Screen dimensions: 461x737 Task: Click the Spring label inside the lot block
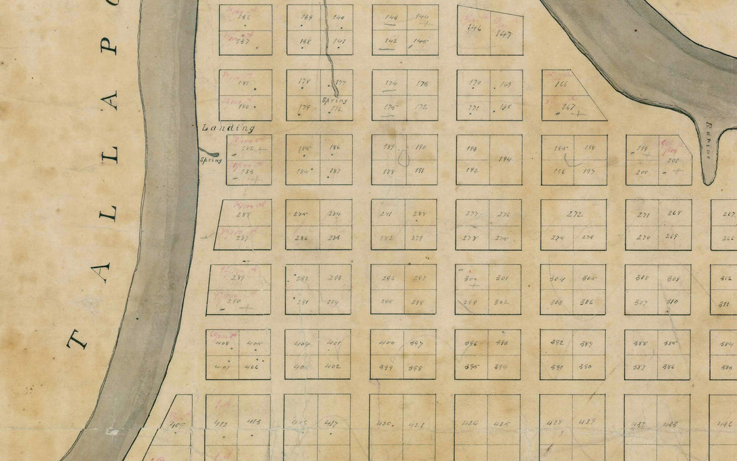tap(335, 101)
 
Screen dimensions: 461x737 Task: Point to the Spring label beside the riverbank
tap(211, 161)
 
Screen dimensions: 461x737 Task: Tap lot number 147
tap(503, 35)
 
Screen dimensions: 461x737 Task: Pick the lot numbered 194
tap(505, 160)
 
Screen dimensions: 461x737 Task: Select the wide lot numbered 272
tap(574, 215)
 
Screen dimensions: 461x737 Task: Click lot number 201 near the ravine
tap(673, 161)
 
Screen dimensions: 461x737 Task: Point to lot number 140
tap(339, 17)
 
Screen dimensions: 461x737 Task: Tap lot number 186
tap(335, 147)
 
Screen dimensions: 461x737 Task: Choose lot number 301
tap(502, 278)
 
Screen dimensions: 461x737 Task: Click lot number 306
tap(587, 301)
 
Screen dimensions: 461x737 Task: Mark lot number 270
tap(643, 237)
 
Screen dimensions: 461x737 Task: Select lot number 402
tap(333, 366)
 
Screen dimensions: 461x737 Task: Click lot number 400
tap(387, 343)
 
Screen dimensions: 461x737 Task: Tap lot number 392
tap(557, 343)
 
